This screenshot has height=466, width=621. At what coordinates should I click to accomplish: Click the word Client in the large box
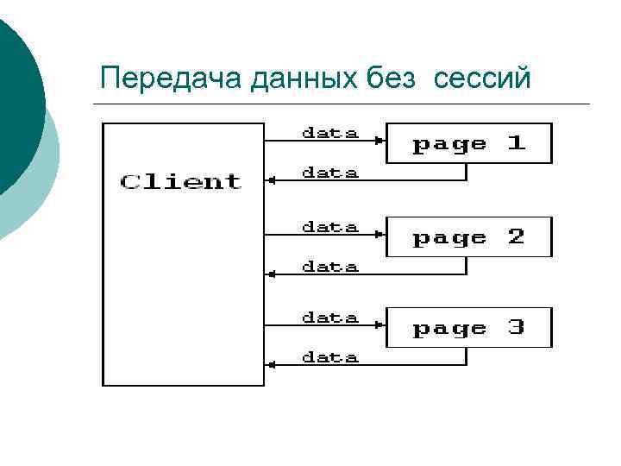181,182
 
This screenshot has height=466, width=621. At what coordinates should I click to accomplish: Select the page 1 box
468,143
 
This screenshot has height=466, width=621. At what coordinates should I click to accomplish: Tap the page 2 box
468,236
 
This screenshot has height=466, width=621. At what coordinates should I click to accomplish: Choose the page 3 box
468,327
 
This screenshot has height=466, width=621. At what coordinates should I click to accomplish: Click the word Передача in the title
171,79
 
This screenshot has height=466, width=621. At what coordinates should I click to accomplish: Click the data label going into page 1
329,134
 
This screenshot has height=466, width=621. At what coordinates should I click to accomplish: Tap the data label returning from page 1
329,173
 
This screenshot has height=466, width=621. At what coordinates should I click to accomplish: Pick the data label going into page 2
329,228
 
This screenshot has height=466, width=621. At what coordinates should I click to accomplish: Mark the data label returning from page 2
329,268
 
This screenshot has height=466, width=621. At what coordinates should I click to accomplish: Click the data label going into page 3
329,318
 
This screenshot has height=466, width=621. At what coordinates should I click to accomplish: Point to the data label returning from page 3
329,357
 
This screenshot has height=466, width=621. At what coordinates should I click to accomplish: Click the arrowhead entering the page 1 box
379,141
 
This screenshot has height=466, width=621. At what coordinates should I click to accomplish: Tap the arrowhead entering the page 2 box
379,234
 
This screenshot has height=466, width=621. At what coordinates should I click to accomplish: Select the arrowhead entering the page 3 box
379,325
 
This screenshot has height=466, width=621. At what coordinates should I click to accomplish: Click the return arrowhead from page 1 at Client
271,181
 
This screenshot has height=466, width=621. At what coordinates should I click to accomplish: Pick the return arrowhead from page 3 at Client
271,365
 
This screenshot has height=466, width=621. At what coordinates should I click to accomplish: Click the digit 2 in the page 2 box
516,236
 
